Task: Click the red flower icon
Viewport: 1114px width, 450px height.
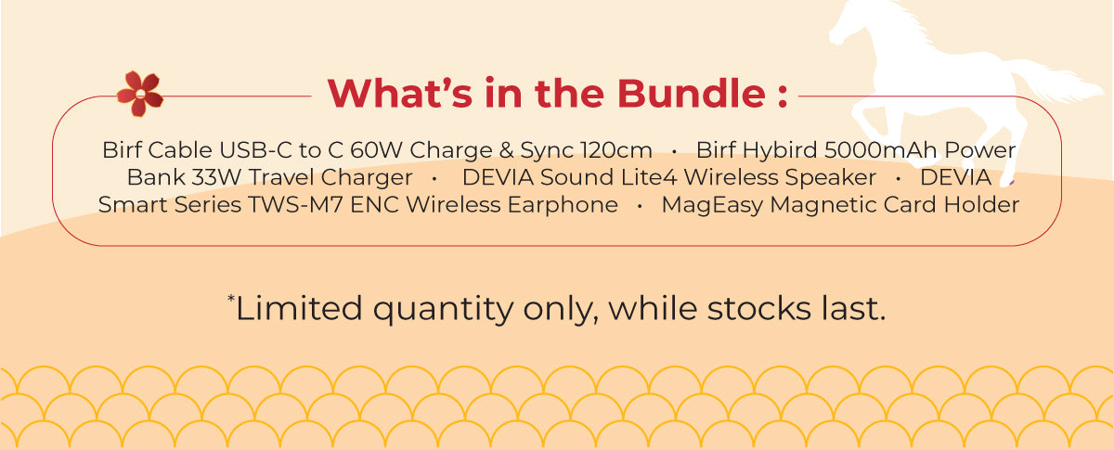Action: (140, 94)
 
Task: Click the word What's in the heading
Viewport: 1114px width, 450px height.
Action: (396, 94)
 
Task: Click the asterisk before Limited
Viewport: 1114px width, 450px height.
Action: (231, 299)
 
